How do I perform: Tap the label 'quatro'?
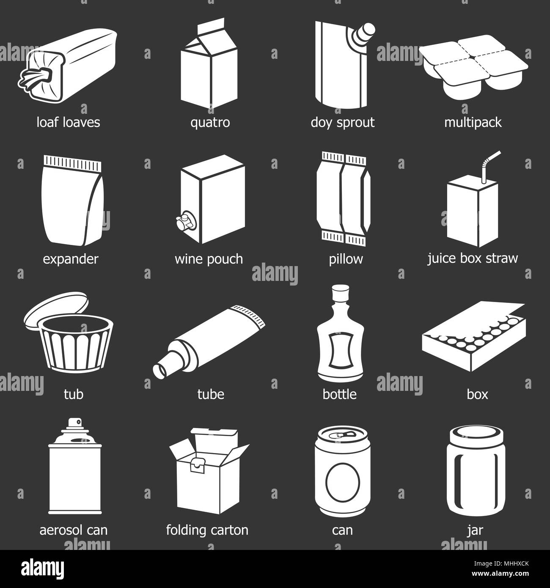[x=210, y=123]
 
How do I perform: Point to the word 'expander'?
[x=70, y=259]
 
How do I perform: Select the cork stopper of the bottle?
[x=339, y=292]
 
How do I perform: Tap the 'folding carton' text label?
[x=207, y=530]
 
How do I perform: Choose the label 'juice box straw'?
[x=473, y=258]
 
